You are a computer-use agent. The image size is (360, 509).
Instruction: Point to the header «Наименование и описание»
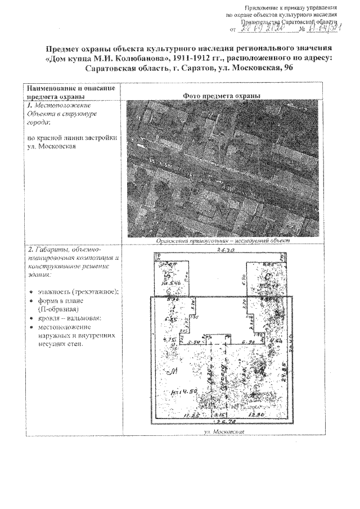[70, 88]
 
